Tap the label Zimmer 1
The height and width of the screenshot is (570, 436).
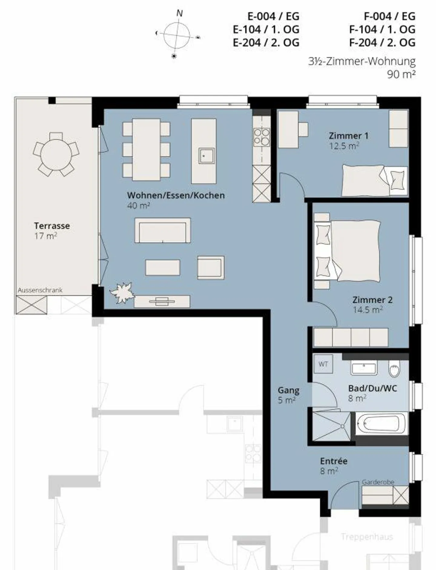coord(348,136)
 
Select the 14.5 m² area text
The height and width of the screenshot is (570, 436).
coord(368,310)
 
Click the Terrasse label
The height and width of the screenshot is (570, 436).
coord(52,226)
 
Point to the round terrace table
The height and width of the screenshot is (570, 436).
coord(56,155)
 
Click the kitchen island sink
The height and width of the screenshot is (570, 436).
coord(206,156)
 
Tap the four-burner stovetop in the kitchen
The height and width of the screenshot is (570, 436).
coord(262,137)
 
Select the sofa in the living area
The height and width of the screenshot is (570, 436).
coord(163,230)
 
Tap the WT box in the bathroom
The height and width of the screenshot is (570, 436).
coord(323,364)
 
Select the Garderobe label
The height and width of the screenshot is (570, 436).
coord(378,482)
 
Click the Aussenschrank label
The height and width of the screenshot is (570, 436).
coord(40,290)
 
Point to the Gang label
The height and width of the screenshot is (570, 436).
coord(288,390)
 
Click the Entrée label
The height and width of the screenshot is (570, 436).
coord(334,461)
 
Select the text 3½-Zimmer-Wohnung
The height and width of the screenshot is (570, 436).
coord(362,61)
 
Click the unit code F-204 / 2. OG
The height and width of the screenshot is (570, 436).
coord(382,42)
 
